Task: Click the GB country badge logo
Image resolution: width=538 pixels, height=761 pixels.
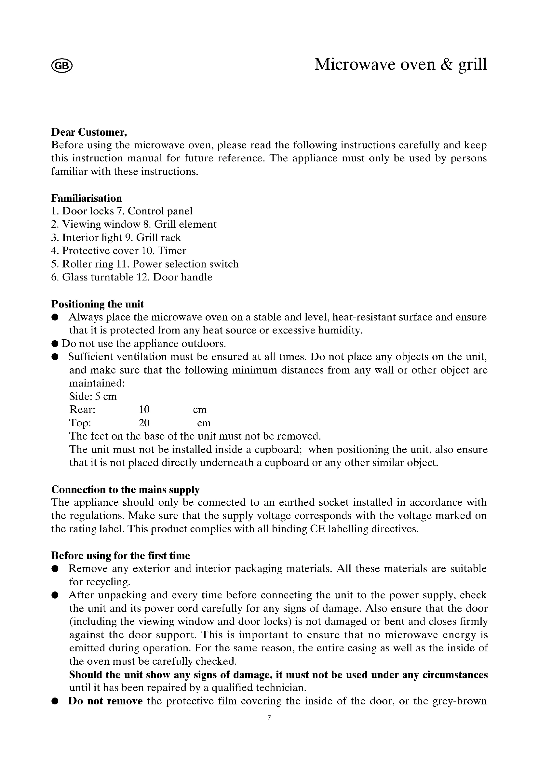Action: tap(62, 66)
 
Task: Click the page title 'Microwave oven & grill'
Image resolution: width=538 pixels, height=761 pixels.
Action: tap(400, 64)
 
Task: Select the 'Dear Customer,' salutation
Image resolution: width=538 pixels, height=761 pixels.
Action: tap(89, 132)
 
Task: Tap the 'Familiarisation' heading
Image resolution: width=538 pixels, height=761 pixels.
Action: tap(87, 198)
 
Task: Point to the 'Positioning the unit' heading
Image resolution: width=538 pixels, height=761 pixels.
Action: tap(97, 304)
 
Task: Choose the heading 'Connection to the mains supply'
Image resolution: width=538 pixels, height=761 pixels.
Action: tap(125, 490)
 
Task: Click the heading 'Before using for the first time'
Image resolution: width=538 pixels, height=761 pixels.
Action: tap(121, 555)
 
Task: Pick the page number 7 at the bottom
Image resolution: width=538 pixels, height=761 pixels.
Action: tap(269, 718)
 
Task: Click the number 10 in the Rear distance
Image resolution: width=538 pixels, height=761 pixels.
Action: tap(144, 410)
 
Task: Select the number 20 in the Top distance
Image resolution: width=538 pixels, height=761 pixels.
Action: tap(144, 423)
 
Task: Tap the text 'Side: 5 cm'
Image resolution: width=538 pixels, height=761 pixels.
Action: tap(93, 396)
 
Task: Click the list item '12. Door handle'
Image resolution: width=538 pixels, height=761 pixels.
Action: tap(175, 277)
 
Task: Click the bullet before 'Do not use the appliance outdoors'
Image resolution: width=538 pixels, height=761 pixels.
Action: tap(55, 344)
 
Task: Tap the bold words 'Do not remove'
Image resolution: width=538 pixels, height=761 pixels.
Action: tap(105, 701)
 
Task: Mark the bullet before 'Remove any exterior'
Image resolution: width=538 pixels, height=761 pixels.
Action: tap(55, 569)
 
